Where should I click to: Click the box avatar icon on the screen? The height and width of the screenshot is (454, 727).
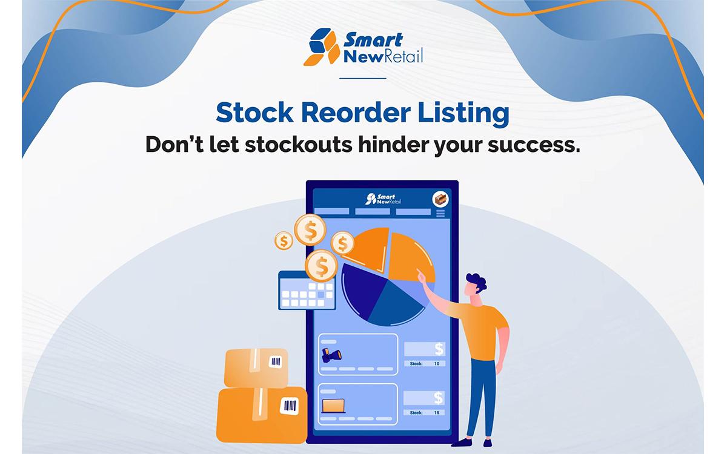tap(440, 199)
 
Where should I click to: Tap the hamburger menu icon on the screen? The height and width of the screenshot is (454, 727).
tap(440, 214)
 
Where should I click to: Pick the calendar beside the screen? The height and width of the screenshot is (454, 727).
tap(307, 291)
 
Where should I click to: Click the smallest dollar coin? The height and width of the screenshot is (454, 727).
tap(283, 241)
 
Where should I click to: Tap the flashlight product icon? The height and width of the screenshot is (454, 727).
tap(331, 354)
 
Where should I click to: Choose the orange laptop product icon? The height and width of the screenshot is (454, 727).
tap(333, 405)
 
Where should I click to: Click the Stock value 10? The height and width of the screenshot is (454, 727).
tap(436, 364)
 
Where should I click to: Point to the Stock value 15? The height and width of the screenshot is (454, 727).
tap(436, 413)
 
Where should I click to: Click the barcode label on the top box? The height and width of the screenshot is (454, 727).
tap(276, 363)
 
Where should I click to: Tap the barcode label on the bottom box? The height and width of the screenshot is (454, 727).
tap(288, 405)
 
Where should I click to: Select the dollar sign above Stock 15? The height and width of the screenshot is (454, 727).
tap(439, 398)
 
